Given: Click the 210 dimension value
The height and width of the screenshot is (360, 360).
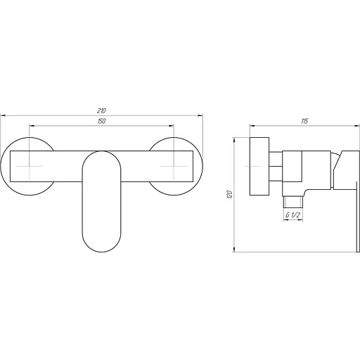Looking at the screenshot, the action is pyautogui.click(x=101, y=110).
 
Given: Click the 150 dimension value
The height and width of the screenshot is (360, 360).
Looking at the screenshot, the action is pyautogui.click(x=101, y=121).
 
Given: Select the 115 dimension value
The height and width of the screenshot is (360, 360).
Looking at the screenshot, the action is pyautogui.click(x=304, y=121).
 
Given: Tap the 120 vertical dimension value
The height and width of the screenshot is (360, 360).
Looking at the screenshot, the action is pyautogui.click(x=230, y=195).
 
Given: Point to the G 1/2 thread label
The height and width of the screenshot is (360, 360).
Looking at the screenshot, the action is pyautogui.click(x=292, y=215).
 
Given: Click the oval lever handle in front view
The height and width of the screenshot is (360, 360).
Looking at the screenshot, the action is pyautogui.click(x=102, y=202).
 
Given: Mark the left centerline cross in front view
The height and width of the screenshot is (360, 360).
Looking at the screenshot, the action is pyautogui.click(x=30, y=166).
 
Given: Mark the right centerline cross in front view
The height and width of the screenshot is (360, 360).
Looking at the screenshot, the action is pyautogui.click(x=174, y=166).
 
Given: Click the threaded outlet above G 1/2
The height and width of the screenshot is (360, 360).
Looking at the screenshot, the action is pyautogui.click(x=293, y=202).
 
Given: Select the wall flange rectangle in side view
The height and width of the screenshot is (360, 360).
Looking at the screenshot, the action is pyautogui.click(x=259, y=166).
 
